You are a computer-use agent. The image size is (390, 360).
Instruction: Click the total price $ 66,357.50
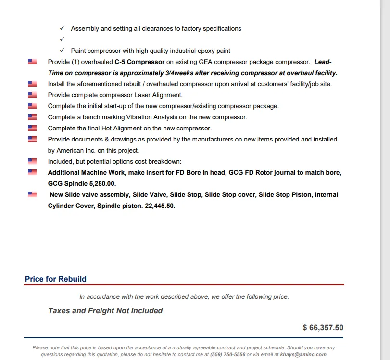point(323,328)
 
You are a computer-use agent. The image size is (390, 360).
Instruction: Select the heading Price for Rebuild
point(56,279)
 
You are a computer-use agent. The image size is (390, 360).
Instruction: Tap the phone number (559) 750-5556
point(227,354)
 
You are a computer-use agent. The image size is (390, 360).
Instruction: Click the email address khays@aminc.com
point(303,354)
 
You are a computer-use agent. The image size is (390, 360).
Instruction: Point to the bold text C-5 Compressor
point(139,62)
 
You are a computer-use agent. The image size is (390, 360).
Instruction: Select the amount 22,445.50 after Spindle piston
point(160,206)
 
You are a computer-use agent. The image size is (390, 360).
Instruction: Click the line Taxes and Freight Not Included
point(105,311)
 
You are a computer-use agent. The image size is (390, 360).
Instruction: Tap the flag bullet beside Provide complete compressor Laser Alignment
point(32,95)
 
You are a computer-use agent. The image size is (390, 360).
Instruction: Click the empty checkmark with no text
point(62,39)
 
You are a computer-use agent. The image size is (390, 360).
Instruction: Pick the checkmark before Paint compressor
point(62,51)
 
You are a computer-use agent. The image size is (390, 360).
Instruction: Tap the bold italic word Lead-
point(323,62)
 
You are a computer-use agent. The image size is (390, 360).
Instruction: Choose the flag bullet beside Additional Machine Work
point(32,172)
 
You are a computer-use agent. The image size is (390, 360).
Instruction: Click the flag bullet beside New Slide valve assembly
point(32,194)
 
